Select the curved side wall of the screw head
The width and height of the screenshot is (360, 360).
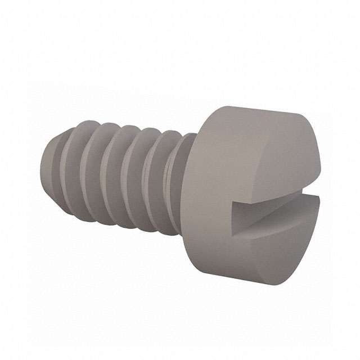(208, 186)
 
